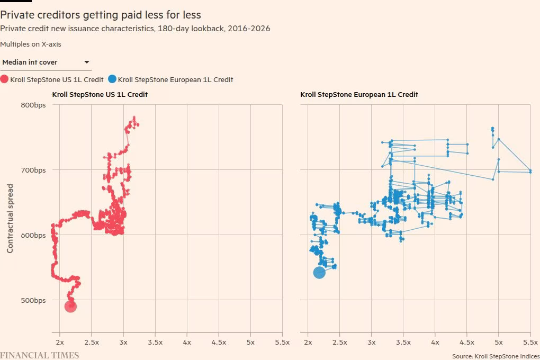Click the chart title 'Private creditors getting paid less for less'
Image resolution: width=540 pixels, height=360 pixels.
[x=101, y=15]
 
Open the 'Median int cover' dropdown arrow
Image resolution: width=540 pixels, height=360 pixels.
[x=87, y=62]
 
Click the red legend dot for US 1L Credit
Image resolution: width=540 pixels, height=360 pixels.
[x=4, y=79]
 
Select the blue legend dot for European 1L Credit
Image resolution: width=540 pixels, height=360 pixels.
[x=112, y=79]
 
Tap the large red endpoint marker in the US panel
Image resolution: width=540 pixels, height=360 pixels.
[x=70, y=306]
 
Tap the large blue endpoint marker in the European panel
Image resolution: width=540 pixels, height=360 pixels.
[x=319, y=273]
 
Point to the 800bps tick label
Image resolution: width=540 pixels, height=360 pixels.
[x=33, y=105]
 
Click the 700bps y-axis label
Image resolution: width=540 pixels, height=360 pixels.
[x=33, y=170]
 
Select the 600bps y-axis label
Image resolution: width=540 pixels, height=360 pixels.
[x=33, y=235]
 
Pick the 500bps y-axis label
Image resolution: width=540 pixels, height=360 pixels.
[x=33, y=300]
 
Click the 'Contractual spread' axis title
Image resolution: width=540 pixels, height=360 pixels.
[x=10, y=218]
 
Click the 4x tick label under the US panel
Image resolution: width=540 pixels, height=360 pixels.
[x=187, y=342]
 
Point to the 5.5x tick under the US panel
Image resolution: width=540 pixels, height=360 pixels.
[x=282, y=342]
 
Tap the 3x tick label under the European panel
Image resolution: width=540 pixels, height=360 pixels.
[x=372, y=342]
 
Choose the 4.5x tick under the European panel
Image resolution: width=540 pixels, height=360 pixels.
[x=467, y=342]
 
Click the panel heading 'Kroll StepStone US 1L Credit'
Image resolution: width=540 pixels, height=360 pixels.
[x=100, y=94]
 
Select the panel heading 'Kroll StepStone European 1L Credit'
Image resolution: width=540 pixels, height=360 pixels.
[x=359, y=94]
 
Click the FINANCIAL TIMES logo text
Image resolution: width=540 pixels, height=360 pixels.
[x=39, y=355]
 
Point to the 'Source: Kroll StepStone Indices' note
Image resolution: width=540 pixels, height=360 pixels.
[x=496, y=356]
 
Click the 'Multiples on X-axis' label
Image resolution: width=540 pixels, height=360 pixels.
[x=31, y=44]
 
